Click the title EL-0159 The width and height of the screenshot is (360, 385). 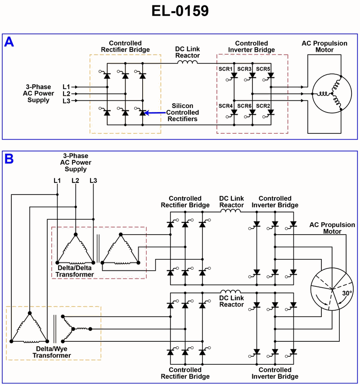(x=180, y=11)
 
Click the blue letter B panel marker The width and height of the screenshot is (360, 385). (x=9, y=159)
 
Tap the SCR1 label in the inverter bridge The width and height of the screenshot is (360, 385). (x=225, y=69)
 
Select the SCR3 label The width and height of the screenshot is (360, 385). (x=244, y=69)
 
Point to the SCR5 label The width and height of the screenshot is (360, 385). (x=263, y=69)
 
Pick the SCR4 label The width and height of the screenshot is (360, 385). (x=225, y=105)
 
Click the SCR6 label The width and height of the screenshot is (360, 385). (x=244, y=105)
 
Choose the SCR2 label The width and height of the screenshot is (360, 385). (x=263, y=105)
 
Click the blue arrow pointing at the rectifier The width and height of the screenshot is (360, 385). (x=155, y=113)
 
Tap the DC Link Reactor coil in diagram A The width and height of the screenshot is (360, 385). (x=188, y=62)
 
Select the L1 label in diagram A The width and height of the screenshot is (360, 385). (x=66, y=86)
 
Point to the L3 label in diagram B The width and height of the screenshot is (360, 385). (x=93, y=181)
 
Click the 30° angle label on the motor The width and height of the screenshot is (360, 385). (x=346, y=293)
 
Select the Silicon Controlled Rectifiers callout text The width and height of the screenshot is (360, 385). (x=183, y=112)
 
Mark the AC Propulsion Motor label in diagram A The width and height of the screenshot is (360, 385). (x=324, y=46)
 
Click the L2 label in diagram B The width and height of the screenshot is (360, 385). (x=75, y=181)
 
